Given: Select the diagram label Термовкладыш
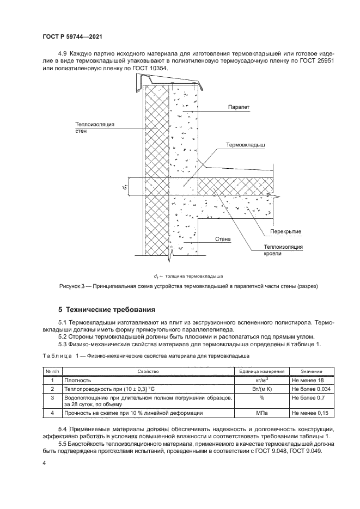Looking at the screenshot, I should [245, 146].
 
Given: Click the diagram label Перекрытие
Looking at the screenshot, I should [285, 231].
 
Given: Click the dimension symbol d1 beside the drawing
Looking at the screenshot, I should [125, 186].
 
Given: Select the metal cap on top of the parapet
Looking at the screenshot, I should [171, 82].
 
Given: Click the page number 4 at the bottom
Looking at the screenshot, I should [44, 463].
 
